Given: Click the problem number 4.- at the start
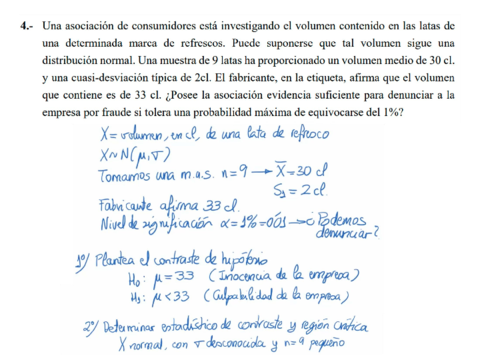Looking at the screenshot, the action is click(30, 23).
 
